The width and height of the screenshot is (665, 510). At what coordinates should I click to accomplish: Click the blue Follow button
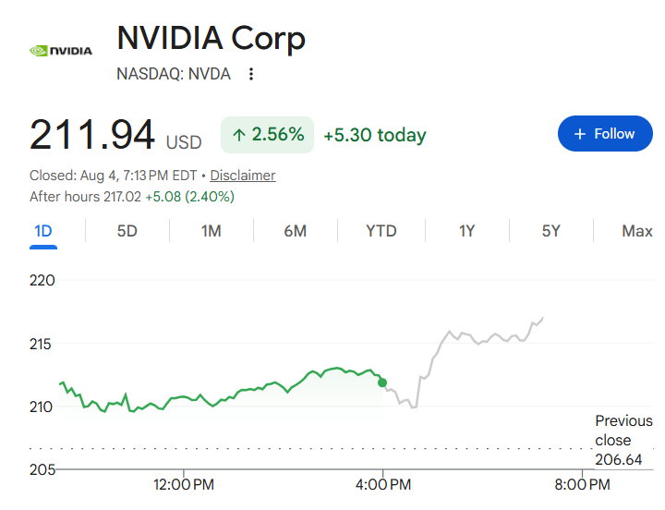click(605, 134)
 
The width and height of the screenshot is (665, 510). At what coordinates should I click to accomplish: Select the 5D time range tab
click(127, 231)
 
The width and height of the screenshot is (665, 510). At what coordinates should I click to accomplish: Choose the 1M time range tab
click(212, 231)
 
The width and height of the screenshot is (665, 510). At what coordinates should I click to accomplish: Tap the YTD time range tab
click(381, 231)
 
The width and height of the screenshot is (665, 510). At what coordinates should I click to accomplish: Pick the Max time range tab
click(637, 231)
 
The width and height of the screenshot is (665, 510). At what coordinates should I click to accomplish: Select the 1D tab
click(43, 231)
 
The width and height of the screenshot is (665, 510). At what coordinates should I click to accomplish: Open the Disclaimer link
click(243, 176)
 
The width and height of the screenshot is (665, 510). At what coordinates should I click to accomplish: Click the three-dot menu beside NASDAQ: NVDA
click(251, 74)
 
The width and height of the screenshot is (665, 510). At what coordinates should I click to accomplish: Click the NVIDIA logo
click(61, 51)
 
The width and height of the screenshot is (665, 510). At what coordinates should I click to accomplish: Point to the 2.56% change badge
click(267, 135)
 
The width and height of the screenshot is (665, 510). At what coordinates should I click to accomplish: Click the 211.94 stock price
click(92, 135)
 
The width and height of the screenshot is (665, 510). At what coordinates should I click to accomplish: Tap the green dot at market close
click(382, 382)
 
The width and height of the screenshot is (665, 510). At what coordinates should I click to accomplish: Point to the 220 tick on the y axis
click(42, 281)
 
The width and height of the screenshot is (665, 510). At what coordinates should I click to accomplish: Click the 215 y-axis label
click(41, 344)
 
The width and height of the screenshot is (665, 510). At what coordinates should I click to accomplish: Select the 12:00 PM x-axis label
click(184, 484)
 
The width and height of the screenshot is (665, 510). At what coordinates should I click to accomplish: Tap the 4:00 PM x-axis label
click(383, 484)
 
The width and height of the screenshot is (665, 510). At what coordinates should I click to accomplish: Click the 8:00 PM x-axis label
click(582, 484)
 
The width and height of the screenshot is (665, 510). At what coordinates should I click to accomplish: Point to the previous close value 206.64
click(618, 459)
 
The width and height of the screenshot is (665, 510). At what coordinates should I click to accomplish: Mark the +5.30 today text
click(375, 135)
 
